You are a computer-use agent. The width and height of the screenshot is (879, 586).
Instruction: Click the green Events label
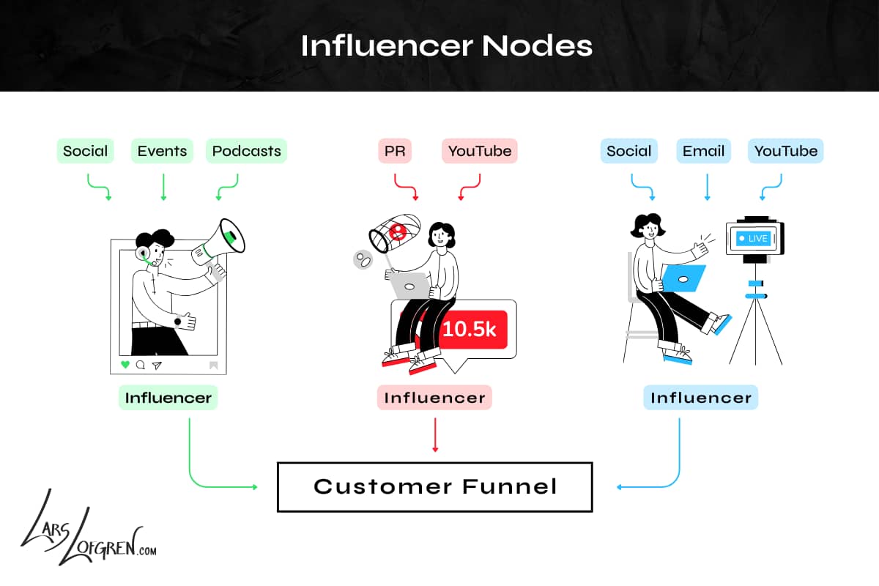(163, 152)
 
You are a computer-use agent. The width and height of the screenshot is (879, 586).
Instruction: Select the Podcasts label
(246, 152)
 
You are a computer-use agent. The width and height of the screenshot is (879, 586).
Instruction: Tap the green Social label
(85, 152)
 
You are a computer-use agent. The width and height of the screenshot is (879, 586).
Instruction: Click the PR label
(395, 152)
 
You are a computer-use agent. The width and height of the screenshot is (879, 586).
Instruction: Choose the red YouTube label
(480, 152)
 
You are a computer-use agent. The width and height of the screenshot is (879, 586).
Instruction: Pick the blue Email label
(703, 152)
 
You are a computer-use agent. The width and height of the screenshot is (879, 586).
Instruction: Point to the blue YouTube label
(786, 152)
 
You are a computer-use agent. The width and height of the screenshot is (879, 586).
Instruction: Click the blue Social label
(628, 152)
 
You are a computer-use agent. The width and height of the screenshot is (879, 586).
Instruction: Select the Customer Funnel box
(434, 486)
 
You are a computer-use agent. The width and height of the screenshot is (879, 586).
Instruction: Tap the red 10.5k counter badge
(470, 330)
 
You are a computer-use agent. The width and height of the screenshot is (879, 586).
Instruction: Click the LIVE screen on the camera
(754, 239)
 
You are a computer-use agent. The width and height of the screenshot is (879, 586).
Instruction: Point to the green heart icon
(125, 364)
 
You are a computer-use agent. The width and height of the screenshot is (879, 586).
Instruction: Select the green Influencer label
(168, 398)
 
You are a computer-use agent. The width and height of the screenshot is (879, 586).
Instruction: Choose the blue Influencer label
(701, 398)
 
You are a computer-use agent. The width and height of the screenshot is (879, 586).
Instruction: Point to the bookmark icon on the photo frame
(213, 364)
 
